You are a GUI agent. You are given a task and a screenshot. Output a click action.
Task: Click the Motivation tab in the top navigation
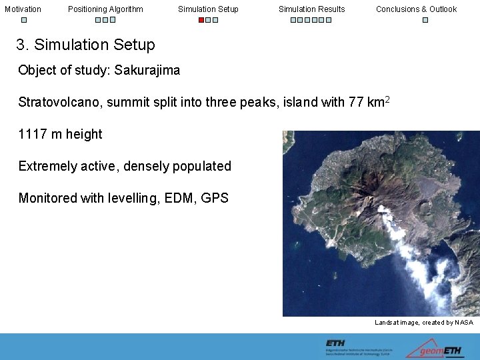tap(23, 9)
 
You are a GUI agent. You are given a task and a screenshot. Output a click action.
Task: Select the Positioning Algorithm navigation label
tap(105, 9)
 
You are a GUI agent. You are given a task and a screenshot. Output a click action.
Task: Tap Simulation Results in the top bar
tap(311, 9)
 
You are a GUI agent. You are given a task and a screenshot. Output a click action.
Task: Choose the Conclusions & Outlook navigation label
tap(416, 9)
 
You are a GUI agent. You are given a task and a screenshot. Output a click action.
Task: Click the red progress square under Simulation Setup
tap(201, 20)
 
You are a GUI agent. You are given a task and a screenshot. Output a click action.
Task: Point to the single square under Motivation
tap(23, 20)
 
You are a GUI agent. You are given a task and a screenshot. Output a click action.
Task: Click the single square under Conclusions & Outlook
tap(425, 20)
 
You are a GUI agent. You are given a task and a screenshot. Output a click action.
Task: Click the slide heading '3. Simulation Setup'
tap(85, 45)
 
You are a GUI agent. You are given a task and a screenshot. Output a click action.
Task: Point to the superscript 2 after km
tap(387, 99)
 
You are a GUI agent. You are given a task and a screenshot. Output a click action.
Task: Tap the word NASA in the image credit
tap(463, 323)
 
